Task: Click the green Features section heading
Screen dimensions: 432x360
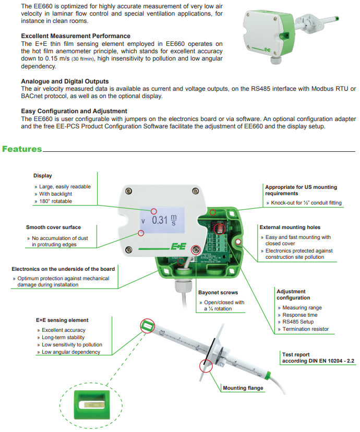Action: (x=22, y=149)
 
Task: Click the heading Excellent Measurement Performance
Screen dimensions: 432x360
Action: (x=76, y=37)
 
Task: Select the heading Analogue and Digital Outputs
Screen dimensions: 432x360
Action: (x=65, y=81)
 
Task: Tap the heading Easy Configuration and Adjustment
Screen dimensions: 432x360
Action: (x=74, y=111)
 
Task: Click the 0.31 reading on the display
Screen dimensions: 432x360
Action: (x=160, y=220)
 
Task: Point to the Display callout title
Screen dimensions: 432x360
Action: (x=43, y=176)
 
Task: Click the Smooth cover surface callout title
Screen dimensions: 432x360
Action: (x=53, y=227)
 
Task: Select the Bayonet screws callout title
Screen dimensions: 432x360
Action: (x=218, y=293)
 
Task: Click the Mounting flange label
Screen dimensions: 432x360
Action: (x=243, y=388)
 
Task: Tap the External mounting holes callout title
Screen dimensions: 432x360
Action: (x=290, y=227)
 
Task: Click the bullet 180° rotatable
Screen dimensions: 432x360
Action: (x=56, y=201)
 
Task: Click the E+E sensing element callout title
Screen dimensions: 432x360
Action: (x=62, y=320)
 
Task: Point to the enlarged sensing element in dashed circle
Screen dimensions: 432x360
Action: (x=91, y=404)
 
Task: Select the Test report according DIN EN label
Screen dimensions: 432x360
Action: (x=318, y=357)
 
